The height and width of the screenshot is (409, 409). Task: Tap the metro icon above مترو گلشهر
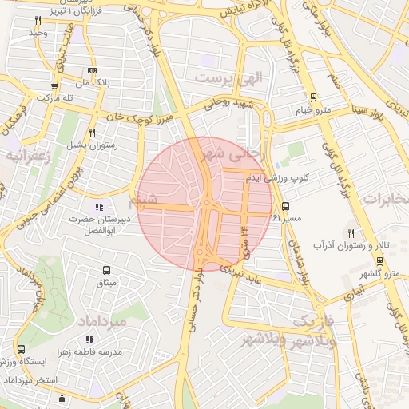pos(379,262)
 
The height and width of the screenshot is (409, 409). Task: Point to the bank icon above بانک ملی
pos(91,71)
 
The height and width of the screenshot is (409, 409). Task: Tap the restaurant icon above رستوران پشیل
pos(93,133)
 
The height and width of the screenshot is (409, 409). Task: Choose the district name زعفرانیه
pos(27,155)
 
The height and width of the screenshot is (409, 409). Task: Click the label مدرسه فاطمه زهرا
pos(87,351)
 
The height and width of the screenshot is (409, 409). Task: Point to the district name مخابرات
pos(386,197)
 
